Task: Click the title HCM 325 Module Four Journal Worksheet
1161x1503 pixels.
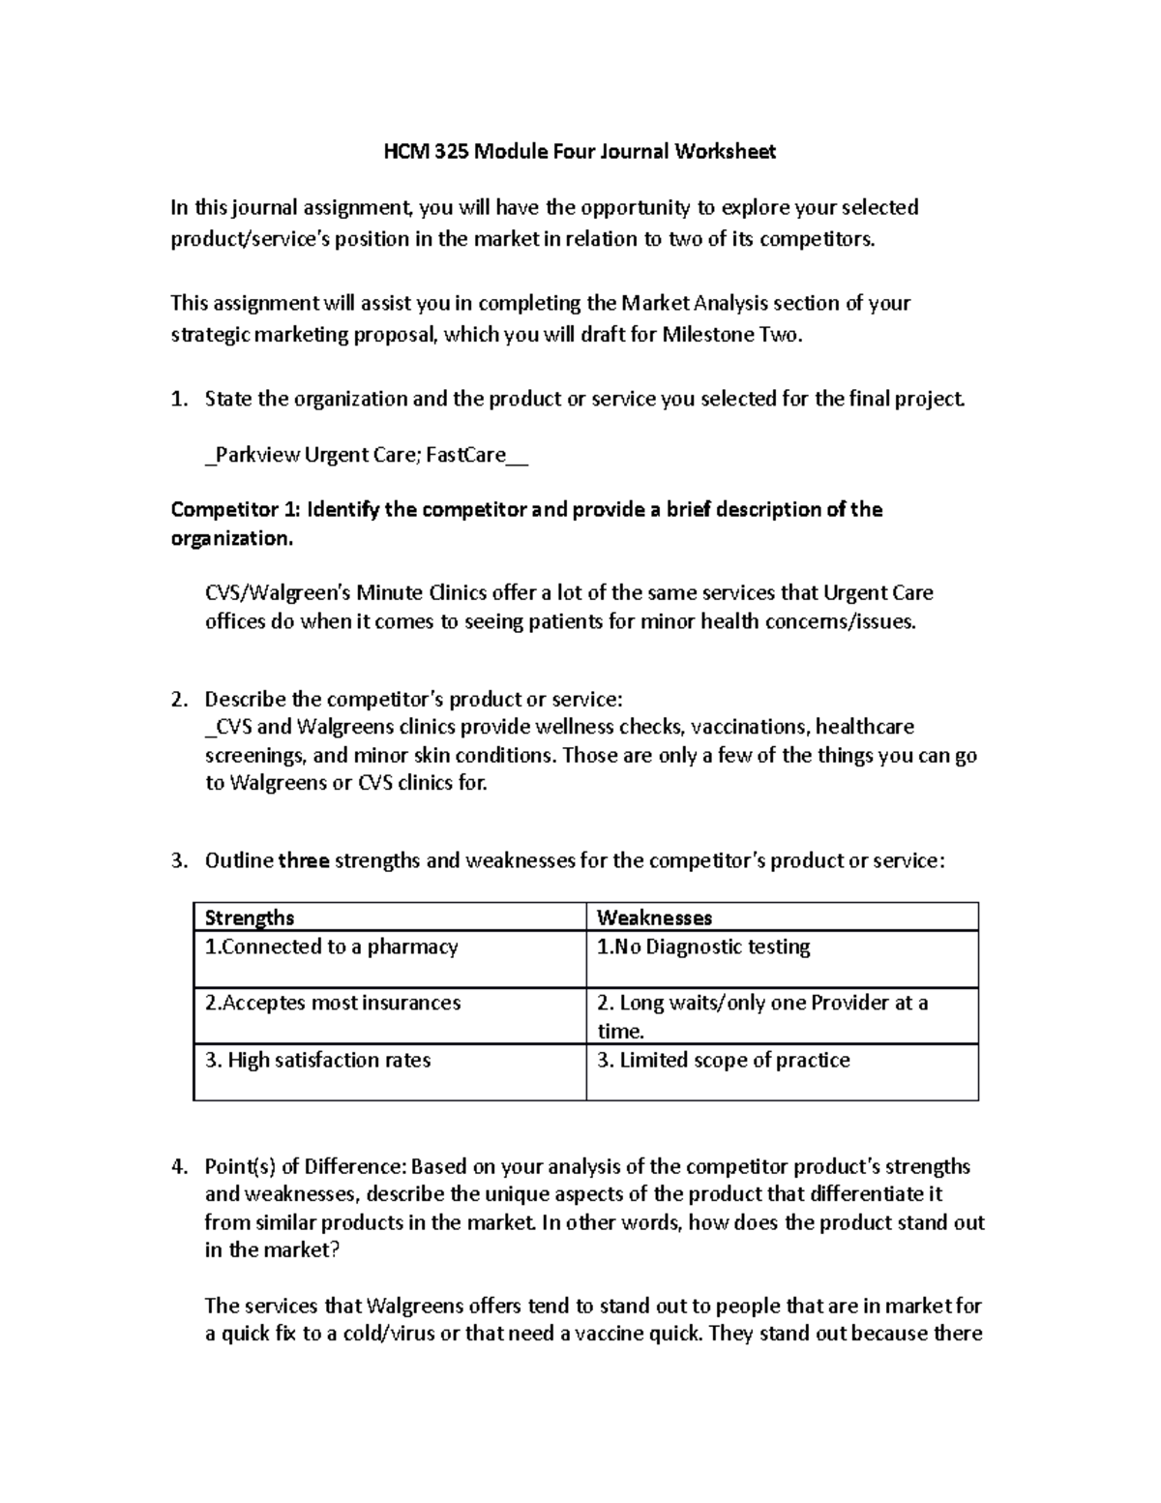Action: pyautogui.click(x=580, y=151)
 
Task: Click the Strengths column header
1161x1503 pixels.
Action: pyautogui.click(x=250, y=917)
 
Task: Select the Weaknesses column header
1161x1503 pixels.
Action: pyautogui.click(x=654, y=917)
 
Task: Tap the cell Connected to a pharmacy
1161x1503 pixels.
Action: pyautogui.click(x=331, y=947)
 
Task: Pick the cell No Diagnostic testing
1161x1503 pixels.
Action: pyautogui.click(x=703, y=947)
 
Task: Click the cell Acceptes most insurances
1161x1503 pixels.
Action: pyautogui.click(x=333, y=1003)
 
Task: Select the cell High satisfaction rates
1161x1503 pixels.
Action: pyautogui.click(x=317, y=1060)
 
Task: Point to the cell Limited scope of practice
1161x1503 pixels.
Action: pyautogui.click(x=723, y=1060)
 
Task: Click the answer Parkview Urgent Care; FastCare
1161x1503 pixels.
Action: pyautogui.click(x=366, y=455)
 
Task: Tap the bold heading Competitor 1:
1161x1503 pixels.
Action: pyautogui.click(x=223, y=509)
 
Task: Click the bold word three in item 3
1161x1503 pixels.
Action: pyautogui.click(x=304, y=860)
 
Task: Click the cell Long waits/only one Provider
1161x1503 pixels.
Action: pyautogui.click(x=761, y=1003)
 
